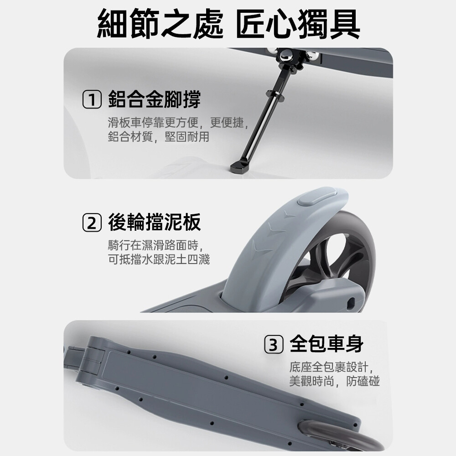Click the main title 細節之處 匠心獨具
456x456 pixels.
(x=228, y=23)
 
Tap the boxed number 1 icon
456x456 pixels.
(x=92, y=99)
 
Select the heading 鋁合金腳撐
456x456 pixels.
(x=154, y=99)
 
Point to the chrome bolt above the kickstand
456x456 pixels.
(x=288, y=56)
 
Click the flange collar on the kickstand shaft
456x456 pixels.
(x=275, y=95)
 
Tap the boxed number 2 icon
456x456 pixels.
(x=92, y=223)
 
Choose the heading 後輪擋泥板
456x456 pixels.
(x=154, y=222)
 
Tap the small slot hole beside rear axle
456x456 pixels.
(x=351, y=302)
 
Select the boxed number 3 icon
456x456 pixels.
(x=273, y=344)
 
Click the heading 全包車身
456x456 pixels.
(x=326, y=344)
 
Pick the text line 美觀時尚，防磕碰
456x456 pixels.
(x=334, y=381)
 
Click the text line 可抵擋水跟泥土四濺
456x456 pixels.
(x=159, y=259)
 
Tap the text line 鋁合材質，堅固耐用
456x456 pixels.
(x=159, y=136)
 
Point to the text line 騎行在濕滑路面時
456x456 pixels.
(x=156, y=245)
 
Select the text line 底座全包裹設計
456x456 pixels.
(x=332, y=367)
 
